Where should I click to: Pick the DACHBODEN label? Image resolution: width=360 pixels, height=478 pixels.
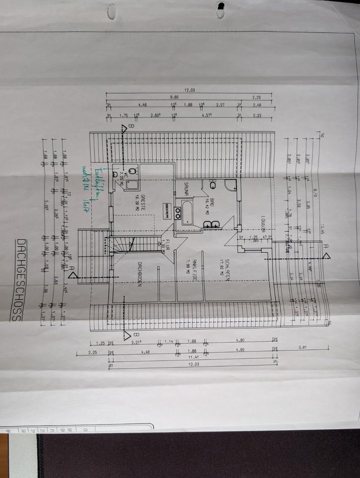tap(141, 274)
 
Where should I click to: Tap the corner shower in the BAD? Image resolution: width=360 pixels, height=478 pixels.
tap(231, 186)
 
